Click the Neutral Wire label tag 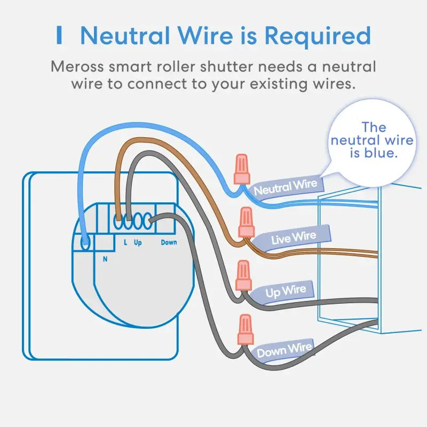286,187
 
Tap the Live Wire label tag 294,238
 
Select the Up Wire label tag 286,291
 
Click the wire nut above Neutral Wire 242,169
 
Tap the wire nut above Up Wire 243,275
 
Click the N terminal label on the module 104,259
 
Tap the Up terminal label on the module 138,243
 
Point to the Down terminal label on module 169,243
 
